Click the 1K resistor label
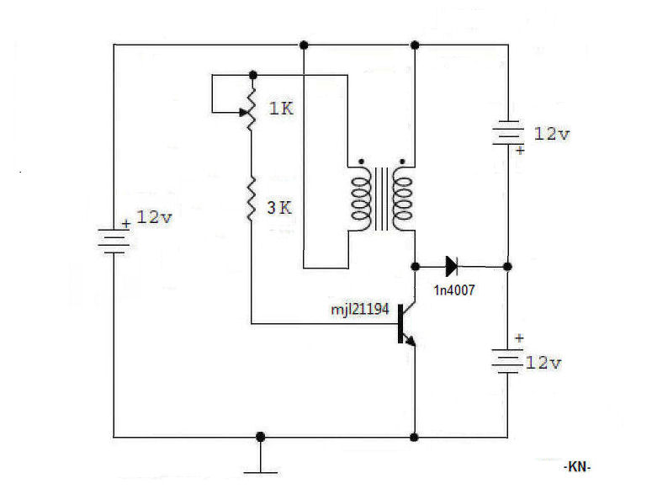coord(281,109)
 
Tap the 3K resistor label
coord(279,207)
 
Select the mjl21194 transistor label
coord(360,310)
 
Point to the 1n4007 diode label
coord(454,290)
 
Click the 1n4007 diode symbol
coord(452,266)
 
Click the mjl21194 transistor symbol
coord(406,324)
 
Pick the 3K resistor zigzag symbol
coord(252,199)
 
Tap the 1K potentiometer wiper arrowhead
coord(243,112)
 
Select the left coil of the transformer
coord(361,199)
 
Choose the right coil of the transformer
coord(402,199)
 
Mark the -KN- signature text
coord(577,466)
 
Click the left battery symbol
coord(114,241)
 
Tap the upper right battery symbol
coord(507,133)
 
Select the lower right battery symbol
coord(507,360)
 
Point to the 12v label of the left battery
coord(154,217)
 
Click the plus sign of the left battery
coord(126,224)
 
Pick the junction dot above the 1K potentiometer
coord(252,75)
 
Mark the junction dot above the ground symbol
coord(260,437)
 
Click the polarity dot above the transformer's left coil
coord(361,161)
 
